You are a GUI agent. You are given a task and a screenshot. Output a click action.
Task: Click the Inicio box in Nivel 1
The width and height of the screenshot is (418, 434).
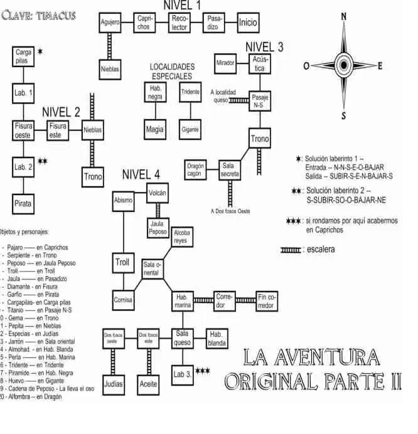click(x=248, y=23)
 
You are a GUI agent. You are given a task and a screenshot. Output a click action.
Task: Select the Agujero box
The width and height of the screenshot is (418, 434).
click(x=110, y=23)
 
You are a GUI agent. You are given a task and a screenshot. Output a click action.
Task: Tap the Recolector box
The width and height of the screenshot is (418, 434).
click(x=180, y=23)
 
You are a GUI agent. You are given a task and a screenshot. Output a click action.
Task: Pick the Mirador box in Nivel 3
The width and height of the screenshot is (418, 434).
click(x=226, y=63)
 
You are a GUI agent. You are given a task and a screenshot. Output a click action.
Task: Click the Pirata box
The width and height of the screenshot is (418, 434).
click(x=24, y=203)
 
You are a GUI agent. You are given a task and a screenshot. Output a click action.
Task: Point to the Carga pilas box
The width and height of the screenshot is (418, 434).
click(x=24, y=57)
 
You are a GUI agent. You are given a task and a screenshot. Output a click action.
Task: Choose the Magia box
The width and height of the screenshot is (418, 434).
click(x=155, y=129)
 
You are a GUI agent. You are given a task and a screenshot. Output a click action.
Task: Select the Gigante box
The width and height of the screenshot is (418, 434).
click(x=190, y=129)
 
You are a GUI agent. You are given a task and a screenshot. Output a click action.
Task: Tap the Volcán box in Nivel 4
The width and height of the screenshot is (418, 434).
click(x=158, y=193)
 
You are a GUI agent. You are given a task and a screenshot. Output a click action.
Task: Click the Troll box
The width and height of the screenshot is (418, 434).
click(x=123, y=262)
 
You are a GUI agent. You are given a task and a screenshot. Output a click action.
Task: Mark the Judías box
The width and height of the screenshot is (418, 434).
click(x=113, y=384)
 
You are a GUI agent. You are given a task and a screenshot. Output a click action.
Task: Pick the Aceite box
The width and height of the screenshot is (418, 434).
click(x=149, y=384)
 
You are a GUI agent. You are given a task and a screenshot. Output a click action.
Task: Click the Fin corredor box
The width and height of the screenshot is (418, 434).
click(x=266, y=302)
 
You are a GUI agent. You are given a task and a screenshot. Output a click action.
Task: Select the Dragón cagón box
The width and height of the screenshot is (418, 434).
click(x=196, y=169)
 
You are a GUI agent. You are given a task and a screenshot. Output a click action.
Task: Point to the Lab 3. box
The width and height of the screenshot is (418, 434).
click(x=183, y=375)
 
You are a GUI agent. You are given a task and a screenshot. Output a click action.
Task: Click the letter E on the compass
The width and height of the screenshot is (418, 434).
click(x=380, y=66)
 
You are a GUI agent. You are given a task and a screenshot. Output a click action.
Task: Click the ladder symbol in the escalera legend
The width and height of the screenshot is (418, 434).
click(x=290, y=250)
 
